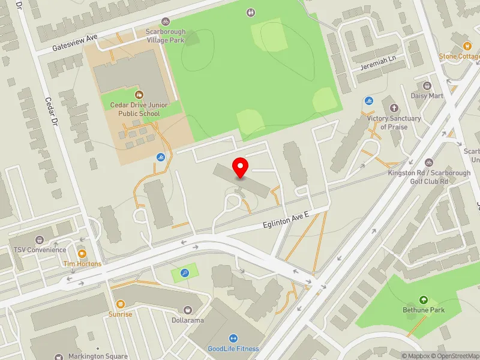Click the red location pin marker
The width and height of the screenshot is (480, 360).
point(241,168)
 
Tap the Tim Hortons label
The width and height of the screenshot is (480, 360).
point(83,263)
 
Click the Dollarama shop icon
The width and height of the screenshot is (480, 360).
point(187,310)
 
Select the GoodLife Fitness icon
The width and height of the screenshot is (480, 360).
point(233,338)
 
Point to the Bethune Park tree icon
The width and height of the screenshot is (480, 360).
point(424,300)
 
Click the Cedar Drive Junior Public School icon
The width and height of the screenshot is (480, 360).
point(139,95)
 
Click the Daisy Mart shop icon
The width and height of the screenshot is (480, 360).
point(427,86)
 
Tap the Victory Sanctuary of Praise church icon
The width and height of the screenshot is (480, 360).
point(394,108)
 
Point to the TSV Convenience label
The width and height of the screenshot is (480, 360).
point(40,250)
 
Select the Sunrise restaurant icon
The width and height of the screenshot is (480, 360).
point(121,304)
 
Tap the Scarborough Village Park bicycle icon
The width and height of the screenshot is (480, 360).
point(166,21)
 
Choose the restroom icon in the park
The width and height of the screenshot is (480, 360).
point(251,12)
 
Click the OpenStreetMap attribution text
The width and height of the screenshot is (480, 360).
point(457,356)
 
